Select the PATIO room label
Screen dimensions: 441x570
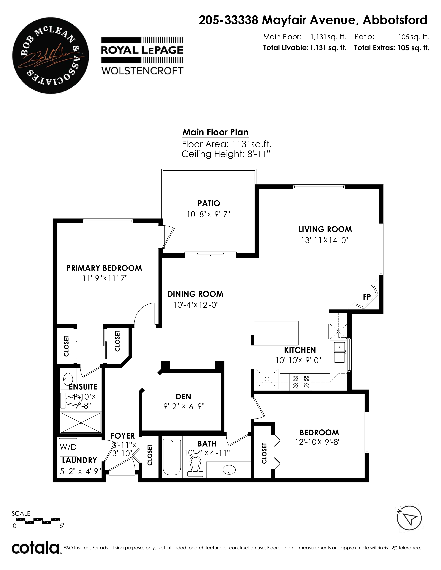[209, 203]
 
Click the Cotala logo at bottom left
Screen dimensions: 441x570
[35, 548]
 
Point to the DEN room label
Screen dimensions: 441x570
[183, 397]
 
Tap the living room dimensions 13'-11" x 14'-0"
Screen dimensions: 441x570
[325, 240]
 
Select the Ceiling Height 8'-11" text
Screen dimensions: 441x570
[226, 154]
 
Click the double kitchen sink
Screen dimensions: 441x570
[340, 353]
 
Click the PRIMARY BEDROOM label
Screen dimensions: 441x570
[104, 268]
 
